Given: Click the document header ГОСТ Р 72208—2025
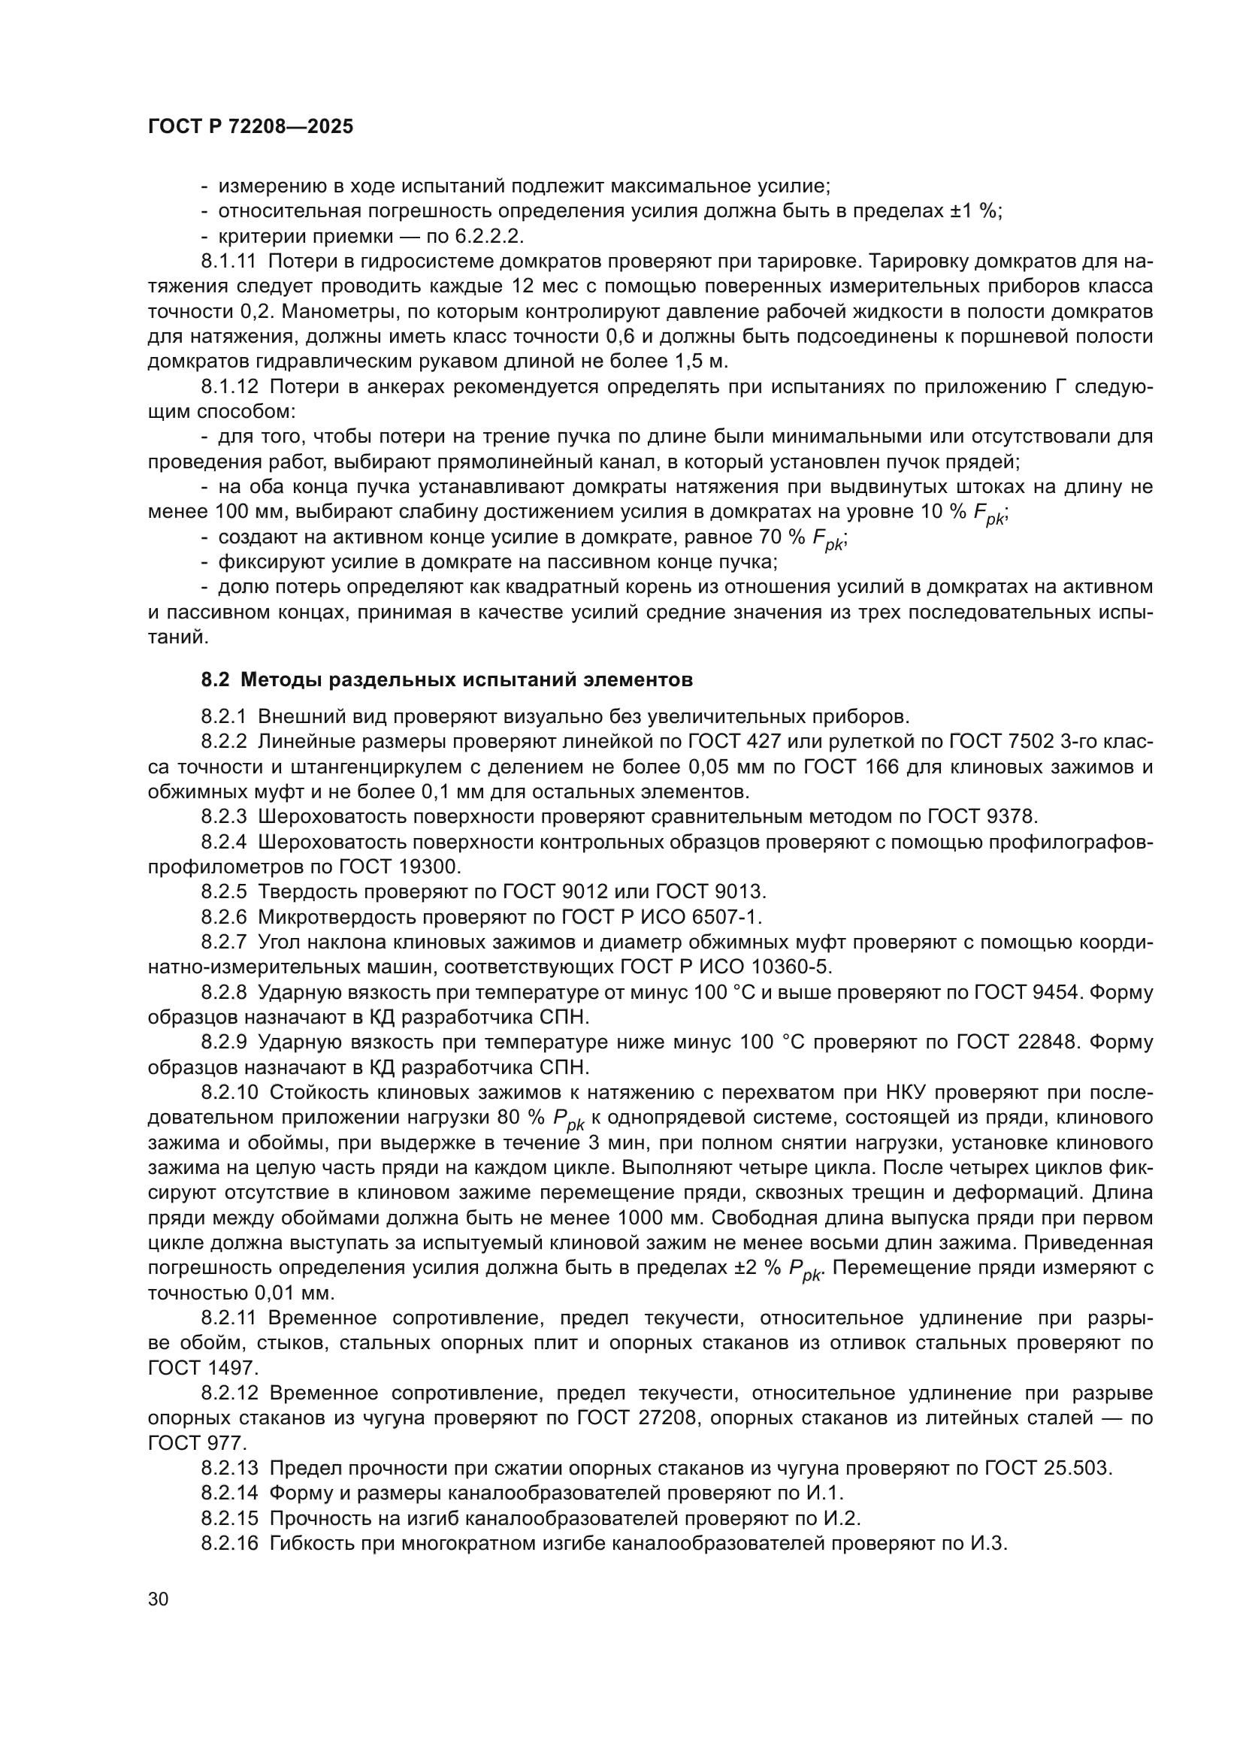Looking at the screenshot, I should tap(250, 127).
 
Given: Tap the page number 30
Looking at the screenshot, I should tap(158, 1599).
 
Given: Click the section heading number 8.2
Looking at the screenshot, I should tap(215, 680).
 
